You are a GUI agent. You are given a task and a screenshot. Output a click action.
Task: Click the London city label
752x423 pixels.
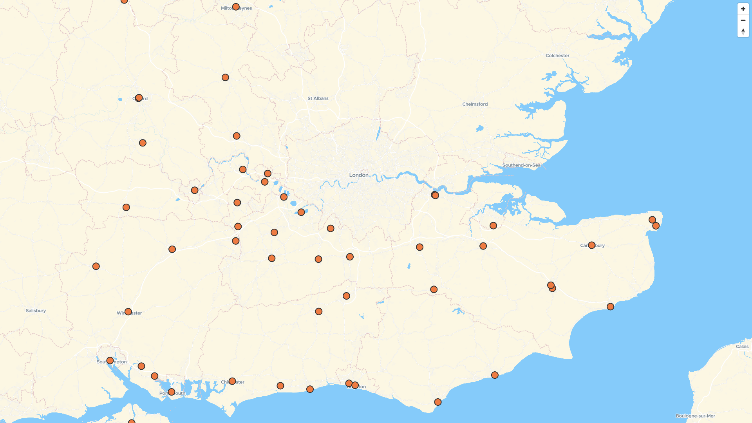[359, 175]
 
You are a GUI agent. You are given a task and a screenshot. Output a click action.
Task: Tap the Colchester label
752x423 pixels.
[557, 56]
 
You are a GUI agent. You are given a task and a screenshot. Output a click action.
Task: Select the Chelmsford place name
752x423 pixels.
[475, 104]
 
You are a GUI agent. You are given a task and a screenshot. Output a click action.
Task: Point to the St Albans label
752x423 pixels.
[318, 98]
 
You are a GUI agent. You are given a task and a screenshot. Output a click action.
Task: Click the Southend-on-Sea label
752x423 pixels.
[521, 165]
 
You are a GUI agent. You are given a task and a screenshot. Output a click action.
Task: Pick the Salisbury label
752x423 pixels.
[36, 311]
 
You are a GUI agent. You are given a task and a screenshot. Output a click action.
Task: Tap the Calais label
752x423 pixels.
[742, 347]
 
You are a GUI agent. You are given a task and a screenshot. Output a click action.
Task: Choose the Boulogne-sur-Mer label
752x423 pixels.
[695, 416]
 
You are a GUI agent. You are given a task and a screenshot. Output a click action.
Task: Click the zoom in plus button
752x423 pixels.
[743, 9]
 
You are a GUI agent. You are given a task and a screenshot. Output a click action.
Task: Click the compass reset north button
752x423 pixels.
[743, 32]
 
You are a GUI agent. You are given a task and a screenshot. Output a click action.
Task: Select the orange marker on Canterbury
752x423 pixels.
[591, 245]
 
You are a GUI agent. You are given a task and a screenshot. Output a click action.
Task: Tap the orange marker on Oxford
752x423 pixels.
[139, 98]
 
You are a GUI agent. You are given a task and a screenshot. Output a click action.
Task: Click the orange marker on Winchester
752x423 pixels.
[128, 312]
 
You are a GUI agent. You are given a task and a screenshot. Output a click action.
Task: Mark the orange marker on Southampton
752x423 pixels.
[110, 360]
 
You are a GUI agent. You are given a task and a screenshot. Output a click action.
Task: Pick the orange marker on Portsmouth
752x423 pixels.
[171, 392]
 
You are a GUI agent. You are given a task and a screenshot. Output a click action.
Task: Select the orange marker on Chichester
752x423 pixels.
[232, 381]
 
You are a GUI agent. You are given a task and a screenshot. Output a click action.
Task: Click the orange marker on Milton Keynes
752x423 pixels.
[236, 7]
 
